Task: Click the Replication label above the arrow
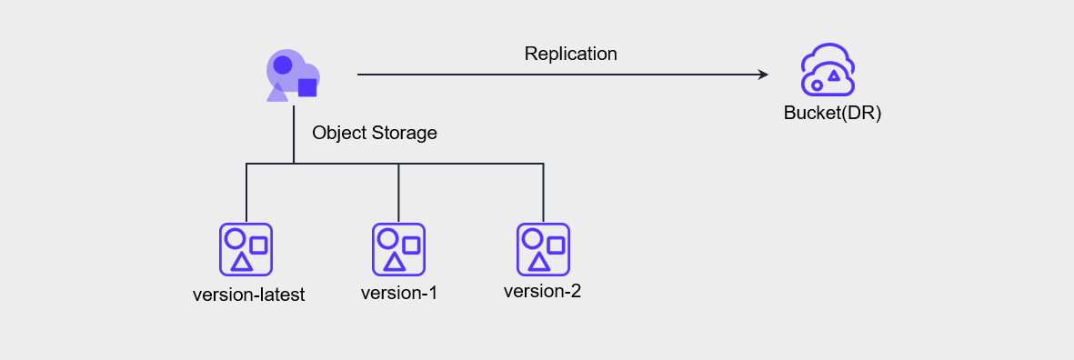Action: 570,54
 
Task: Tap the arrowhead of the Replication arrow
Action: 764,75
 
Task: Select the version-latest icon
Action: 246,249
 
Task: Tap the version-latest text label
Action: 248,295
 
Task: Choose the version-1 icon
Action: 398,249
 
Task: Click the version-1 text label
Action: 399,294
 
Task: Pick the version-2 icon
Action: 543,249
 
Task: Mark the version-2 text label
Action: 542,292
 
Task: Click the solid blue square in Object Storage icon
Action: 307,87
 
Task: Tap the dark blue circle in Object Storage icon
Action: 283,65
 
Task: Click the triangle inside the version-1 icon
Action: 394,262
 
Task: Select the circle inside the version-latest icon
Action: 235,239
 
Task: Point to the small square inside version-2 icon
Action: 556,245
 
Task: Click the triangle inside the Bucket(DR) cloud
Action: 834,75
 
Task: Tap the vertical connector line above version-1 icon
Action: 398,193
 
